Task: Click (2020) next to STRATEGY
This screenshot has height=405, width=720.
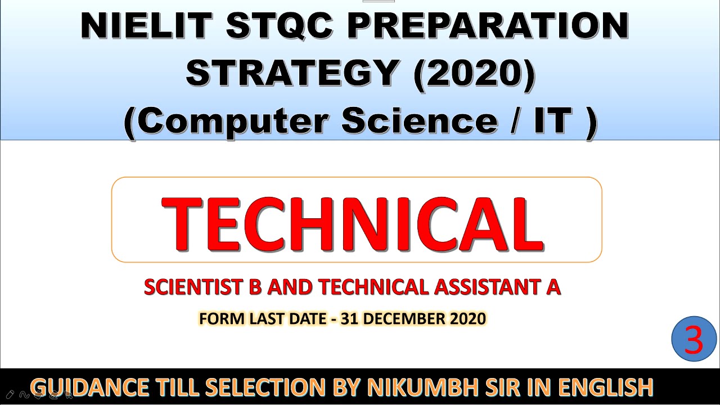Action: pyautogui.click(x=474, y=74)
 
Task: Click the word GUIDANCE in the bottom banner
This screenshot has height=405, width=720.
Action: pyautogui.click(x=93, y=388)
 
